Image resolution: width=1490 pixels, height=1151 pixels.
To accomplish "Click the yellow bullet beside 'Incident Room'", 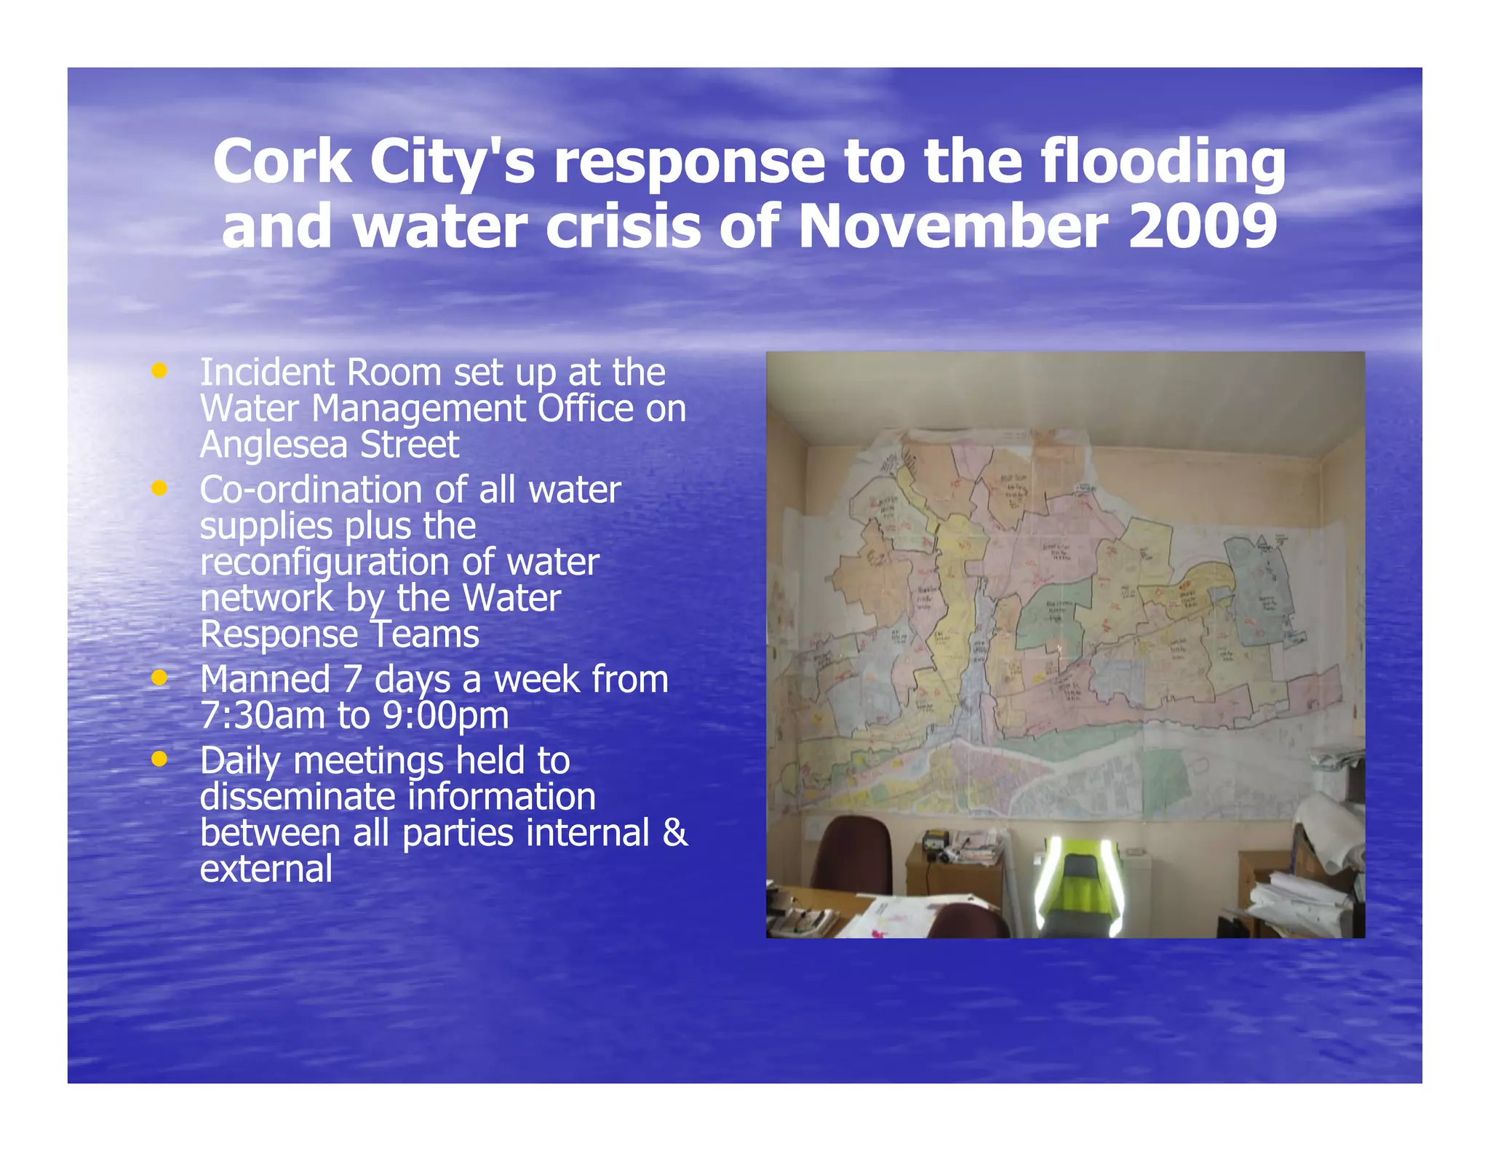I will (x=159, y=371).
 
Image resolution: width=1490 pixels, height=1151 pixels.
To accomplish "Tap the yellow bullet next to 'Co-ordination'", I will (x=159, y=488).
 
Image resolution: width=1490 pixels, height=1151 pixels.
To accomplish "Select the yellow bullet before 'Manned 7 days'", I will (x=159, y=678).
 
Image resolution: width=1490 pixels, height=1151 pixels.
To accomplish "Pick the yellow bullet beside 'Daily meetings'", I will (x=159, y=759).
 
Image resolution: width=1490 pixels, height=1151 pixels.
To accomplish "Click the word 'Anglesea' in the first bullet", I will (x=273, y=445).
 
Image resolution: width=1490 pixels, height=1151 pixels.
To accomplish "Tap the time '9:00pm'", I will (x=445, y=715).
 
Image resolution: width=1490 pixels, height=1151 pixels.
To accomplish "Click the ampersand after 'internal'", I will (x=675, y=832).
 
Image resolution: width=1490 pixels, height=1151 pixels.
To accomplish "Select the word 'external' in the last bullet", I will (x=266, y=869).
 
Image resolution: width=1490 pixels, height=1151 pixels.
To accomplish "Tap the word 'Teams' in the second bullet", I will (x=425, y=634).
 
